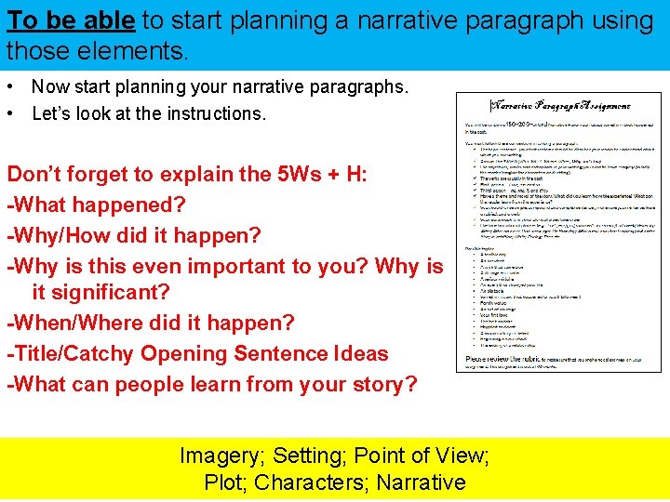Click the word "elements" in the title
[x=139, y=49]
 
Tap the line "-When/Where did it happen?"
[x=151, y=324]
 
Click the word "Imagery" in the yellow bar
[x=219, y=456]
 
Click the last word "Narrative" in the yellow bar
[x=422, y=482]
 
